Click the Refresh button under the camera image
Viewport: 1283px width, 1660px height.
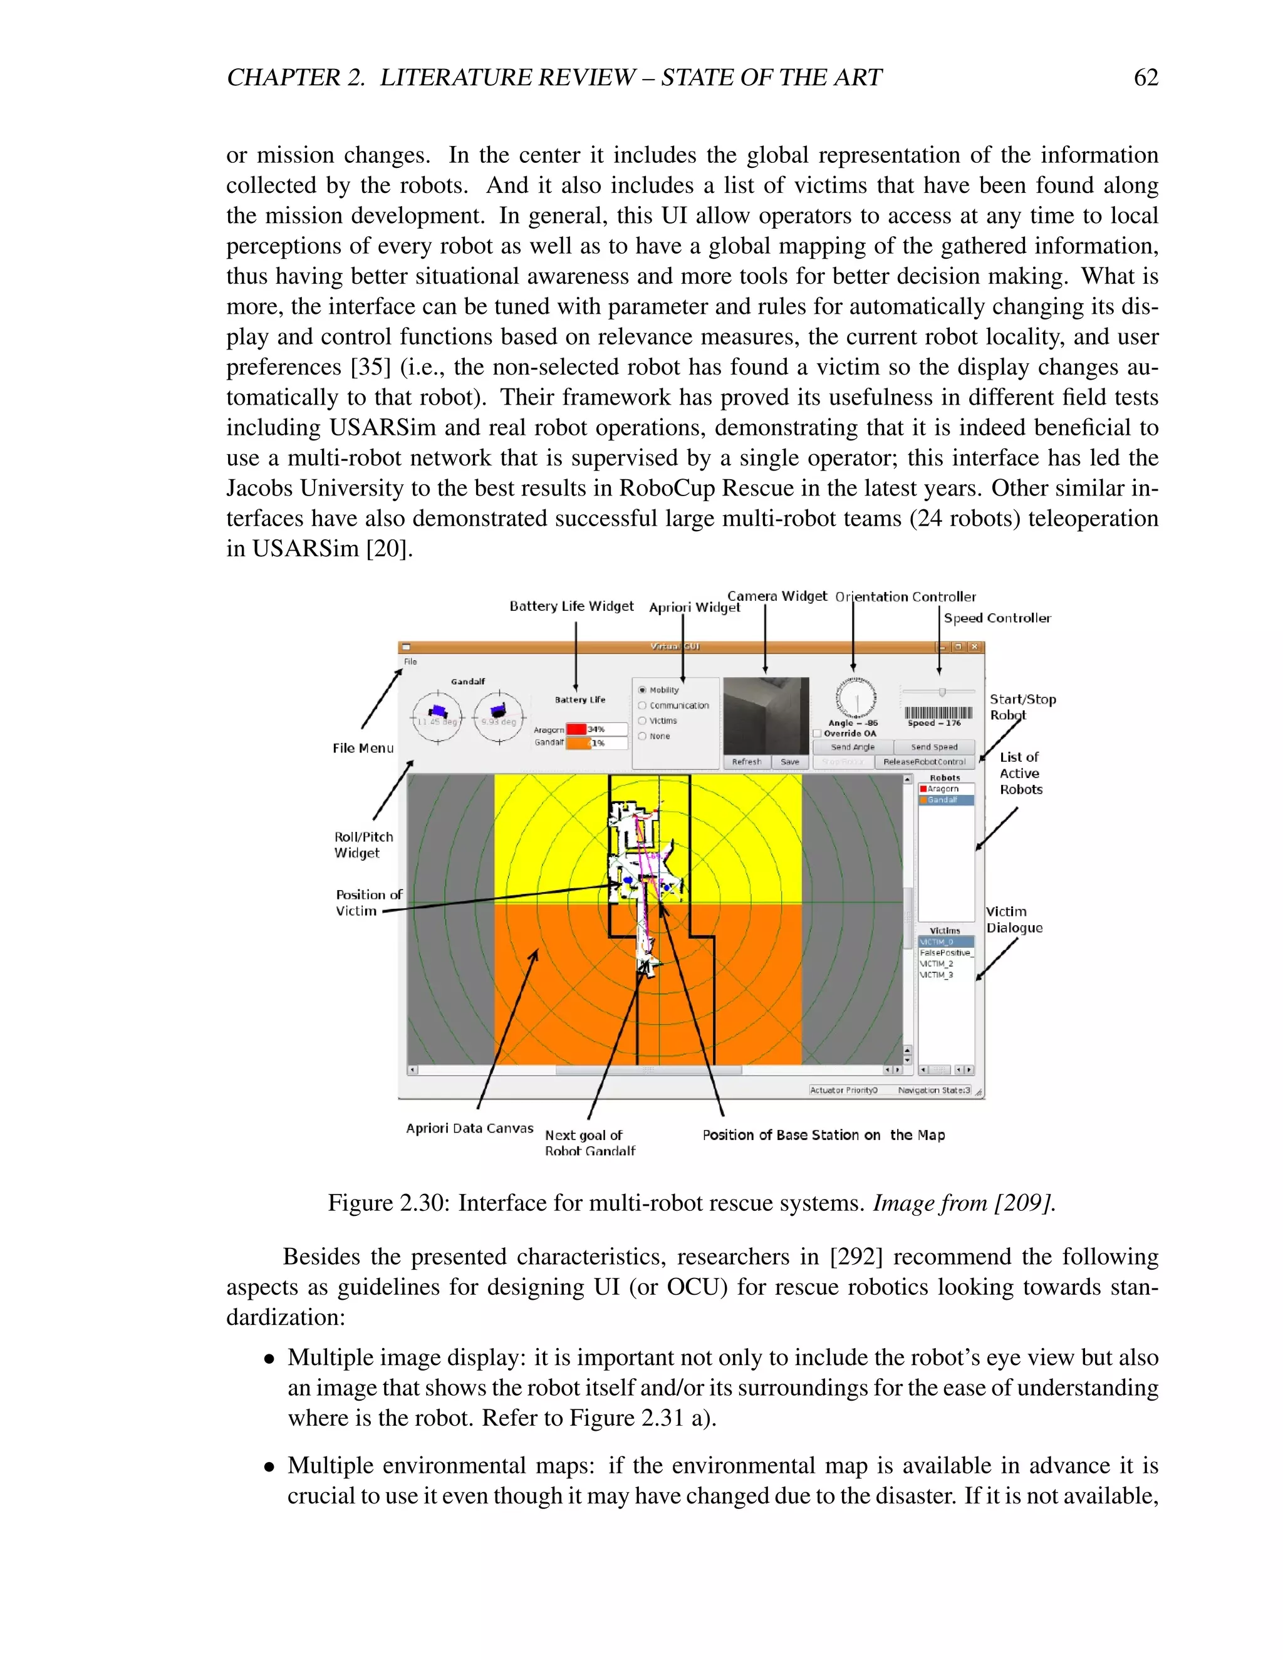(746, 762)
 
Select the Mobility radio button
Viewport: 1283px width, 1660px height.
(642, 690)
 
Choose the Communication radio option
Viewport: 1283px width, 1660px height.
(642, 705)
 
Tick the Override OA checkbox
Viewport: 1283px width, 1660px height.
(817, 734)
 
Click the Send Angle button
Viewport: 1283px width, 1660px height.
(852, 747)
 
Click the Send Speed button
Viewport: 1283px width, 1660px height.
(934, 747)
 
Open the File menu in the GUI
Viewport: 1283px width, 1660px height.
(410, 661)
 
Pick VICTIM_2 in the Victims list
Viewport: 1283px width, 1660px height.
(937, 964)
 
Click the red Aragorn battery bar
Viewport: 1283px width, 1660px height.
(576, 730)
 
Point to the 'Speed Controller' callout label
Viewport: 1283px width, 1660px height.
(997, 618)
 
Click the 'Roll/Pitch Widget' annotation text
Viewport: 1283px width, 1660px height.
(363, 844)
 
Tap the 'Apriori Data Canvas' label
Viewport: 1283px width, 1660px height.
(469, 1128)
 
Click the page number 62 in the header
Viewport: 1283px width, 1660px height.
(1145, 78)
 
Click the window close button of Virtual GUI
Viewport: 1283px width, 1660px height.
(974, 647)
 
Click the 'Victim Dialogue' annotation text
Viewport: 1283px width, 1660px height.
(1014, 920)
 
